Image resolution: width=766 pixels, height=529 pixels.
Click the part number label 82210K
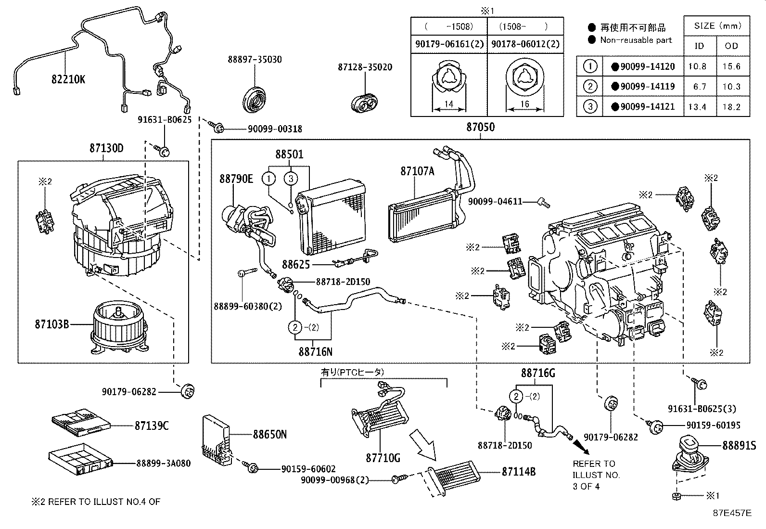coord(68,79)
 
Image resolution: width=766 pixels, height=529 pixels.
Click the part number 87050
coord(480,128)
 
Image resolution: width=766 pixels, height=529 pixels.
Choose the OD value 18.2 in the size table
coord(731,107)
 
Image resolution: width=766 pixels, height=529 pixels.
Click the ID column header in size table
coord(699,46)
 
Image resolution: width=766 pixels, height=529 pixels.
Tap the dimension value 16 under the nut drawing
coord(525,103)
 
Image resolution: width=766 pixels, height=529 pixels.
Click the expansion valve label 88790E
coord(236,179)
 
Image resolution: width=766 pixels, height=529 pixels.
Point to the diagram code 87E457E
coord(731,513)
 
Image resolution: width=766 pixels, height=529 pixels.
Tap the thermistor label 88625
coord(296,265)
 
